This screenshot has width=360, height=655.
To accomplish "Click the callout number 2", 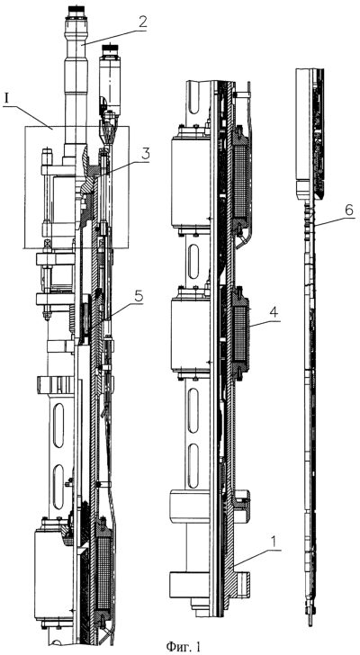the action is click(x=142, y=22).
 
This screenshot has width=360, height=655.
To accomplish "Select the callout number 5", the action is click(x=139, y=297).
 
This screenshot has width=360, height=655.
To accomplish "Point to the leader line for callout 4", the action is click(x=265, y=321).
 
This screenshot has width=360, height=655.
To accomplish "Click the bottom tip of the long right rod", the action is click(x=310, y=625).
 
